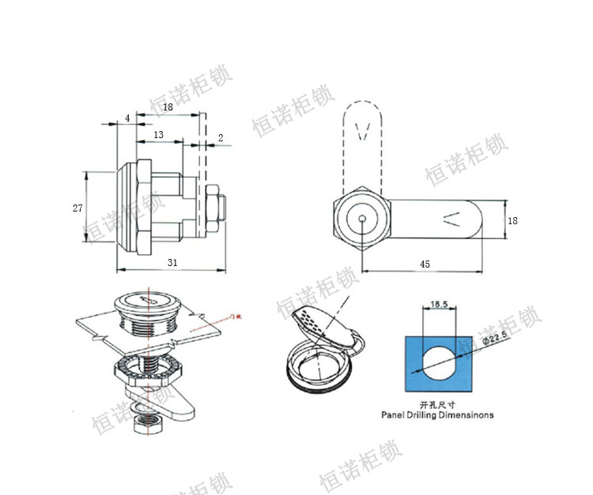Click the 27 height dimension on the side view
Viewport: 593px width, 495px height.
pyautogui.click(x=77, y=208)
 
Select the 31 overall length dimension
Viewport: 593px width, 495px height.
pyautogui.click(x=172, y=262)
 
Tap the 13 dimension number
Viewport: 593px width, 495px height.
pyautogui.click(x=158, y=135)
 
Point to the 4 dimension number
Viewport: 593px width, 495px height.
pyautogui.click(x=127, y=118)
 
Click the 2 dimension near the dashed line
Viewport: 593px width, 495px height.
pyautogui.click(x=220, y=137)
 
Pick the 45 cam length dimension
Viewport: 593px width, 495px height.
pyautogui.click(x=425, y=264)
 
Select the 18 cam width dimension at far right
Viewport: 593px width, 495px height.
pyautogui.click(x=512, y=221)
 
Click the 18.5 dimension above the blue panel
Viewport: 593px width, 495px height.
pyautogui.click(x=440, y=303)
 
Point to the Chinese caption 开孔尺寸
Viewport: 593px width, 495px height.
pyautogui.click(x=436, y=403)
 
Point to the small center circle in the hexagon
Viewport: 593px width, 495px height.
pyautogui.click(x=361, y=220)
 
